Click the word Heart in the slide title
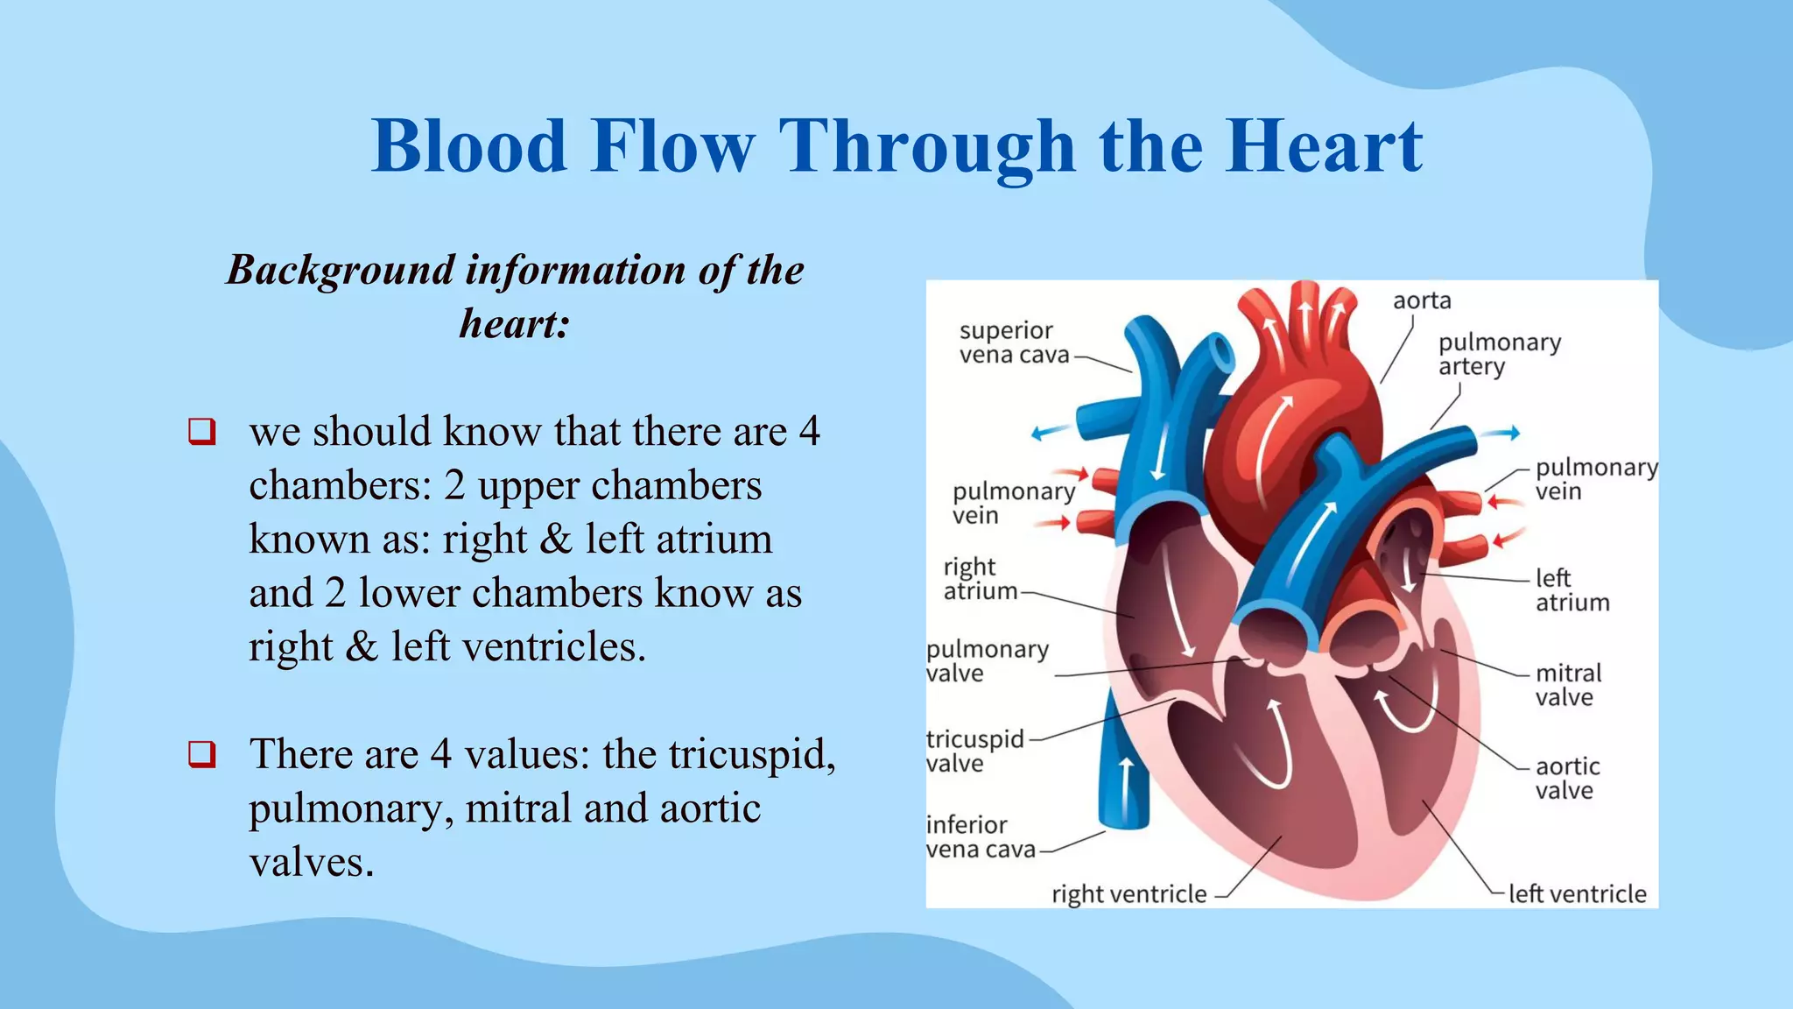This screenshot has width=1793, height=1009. coord(1323,146)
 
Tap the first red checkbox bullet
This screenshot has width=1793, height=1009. coord(201,432)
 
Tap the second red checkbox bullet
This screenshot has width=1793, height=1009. coord(201,754)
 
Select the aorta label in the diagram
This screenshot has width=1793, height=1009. coord(1422,300)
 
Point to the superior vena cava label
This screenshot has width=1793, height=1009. coord(1014,342)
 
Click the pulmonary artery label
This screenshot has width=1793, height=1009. coord(1499,354)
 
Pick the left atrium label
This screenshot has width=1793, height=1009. coord(1572,590)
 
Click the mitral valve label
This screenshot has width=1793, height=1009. coord(1567,685)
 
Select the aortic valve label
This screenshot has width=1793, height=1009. coord(1567,778)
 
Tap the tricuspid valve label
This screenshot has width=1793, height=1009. coord(974,751)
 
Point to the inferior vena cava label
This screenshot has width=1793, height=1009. coord(980,836)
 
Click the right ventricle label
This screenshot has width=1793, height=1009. coord(1129,894)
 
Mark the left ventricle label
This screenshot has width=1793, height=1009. coord(1577,894)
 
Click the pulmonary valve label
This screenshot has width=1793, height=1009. coord(987,661)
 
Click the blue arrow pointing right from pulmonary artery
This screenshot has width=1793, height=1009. coord(1505,433)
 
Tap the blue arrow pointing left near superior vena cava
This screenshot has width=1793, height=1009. coord(1049,432)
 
